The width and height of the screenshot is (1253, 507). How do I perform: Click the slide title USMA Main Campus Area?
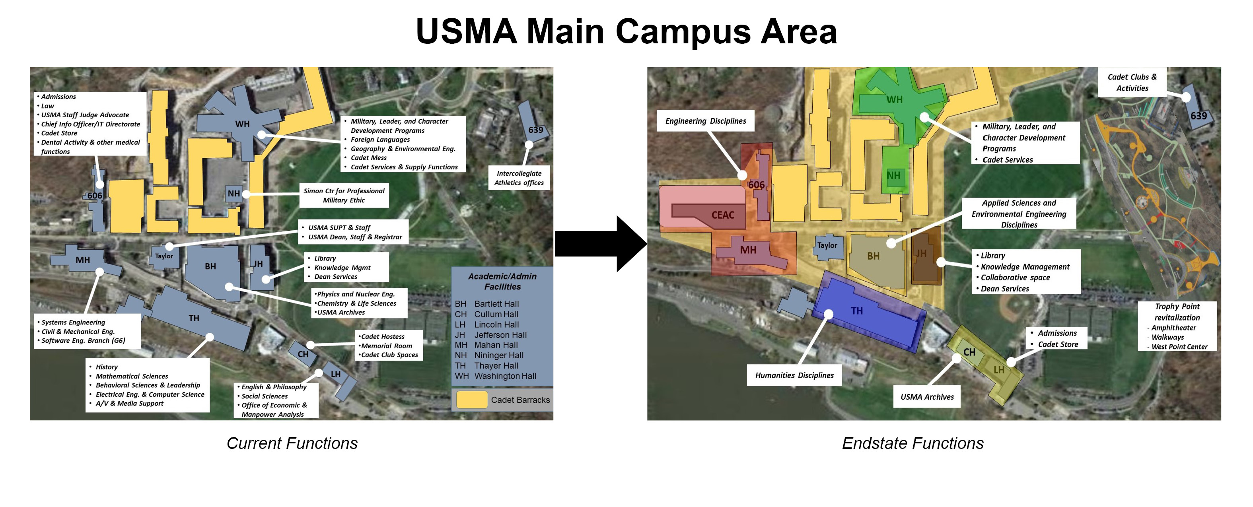pyautogui.click(x=626, y=31)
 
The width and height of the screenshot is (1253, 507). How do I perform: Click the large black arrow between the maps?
pyautogui.click(x=601, y=243)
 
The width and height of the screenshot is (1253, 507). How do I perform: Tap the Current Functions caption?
pyautogui.click(x=292, y=443)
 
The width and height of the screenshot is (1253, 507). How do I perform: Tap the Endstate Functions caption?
pyautogui.click(x=913, y=443)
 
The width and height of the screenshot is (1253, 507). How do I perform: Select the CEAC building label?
pyautogui.click(x=723, y=215)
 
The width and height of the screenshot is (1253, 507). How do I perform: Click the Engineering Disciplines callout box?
pyautogui.click(x=705, y=121)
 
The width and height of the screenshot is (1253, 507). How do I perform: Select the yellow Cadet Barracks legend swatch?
pyautogui.click(x=471, y=400)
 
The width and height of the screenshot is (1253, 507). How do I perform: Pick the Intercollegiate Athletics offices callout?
pyautogui.click(x=519, y=178)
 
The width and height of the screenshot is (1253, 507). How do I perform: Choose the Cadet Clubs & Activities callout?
pyautogui.click(x=1132, y=83)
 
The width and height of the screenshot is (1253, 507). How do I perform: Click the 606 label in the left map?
pyautogui.click(x=95, y=195)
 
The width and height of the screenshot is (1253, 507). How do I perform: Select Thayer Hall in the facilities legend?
pyautogui.click(x=496, y=365)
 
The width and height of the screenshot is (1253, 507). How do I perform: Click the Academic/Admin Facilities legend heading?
pyautogui.click(x=502, y=282)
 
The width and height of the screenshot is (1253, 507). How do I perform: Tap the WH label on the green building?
pyautogui.click(x=894, y=100)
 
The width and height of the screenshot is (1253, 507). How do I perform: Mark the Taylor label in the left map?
pyautogui.click(x=164, y=256)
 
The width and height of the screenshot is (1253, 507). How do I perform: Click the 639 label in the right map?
pyautogui.click(x=1199, y=116)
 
